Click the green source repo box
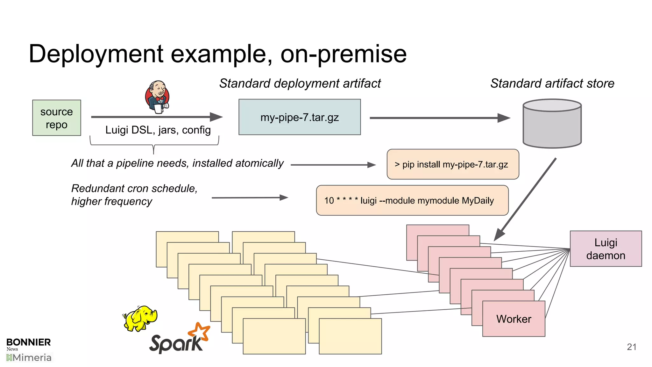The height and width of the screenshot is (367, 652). point(57,118)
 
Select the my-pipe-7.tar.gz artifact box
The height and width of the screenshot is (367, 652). point(300,117)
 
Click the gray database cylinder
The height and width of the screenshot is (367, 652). point(552,124)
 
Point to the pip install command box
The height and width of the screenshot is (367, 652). point(453,164)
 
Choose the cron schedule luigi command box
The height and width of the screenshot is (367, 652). point(412,200)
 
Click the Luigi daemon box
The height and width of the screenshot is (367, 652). point(606,249)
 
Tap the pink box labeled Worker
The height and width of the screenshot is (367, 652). point(514,319)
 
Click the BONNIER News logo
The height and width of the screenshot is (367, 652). point(28,344)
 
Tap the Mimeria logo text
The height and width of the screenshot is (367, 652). point(29,358)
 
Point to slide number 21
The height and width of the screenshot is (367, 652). point(631,347)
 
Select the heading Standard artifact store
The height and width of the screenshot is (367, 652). point(552,83)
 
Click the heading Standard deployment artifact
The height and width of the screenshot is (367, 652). point(300,83)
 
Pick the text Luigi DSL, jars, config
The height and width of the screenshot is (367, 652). point(158,130)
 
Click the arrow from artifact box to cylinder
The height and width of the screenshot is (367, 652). point(439,118)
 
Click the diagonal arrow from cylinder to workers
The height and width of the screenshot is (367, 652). point(525,199)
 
